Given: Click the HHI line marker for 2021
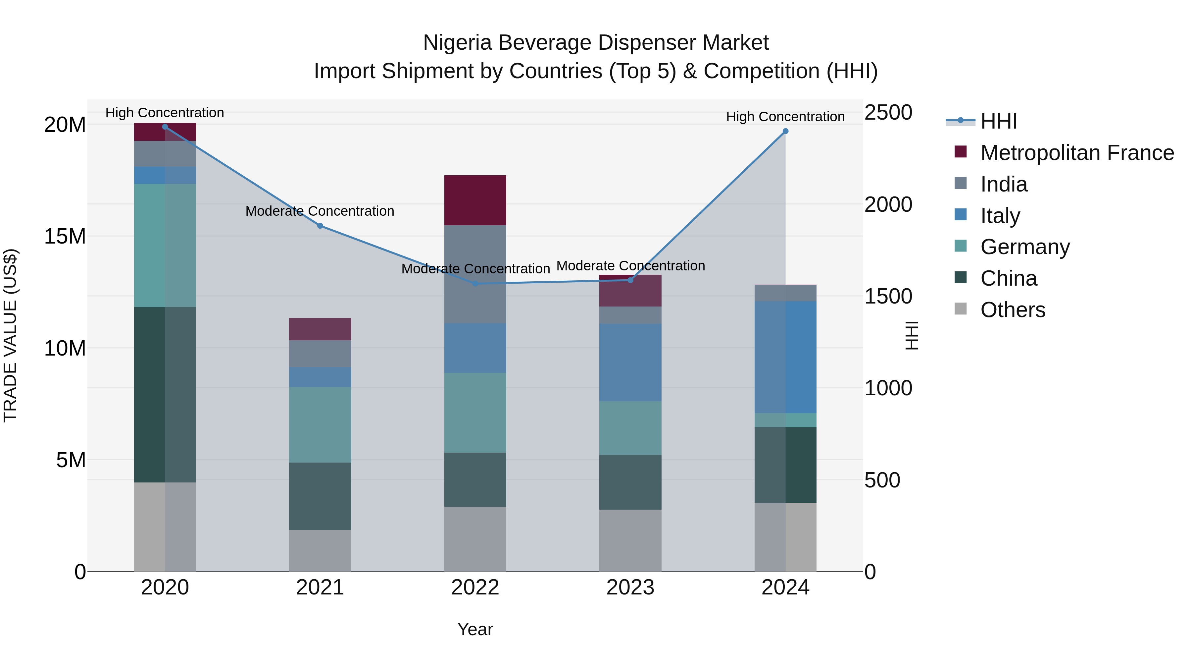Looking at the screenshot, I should pos(320,226).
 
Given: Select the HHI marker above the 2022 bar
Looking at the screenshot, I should pos(475,283).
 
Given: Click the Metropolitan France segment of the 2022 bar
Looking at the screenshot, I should pos(475,200).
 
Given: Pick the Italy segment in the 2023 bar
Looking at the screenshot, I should pos(630,362).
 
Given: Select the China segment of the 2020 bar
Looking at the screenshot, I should pos(165,395).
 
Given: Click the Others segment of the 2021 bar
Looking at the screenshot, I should pos(320,551).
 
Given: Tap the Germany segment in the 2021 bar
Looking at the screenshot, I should pos(320,425).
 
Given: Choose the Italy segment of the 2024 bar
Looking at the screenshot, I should pos(785,357).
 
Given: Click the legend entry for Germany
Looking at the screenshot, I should pos(1024,247).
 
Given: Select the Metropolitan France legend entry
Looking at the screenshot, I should pos(1076,153).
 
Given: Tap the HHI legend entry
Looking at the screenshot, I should pos(998,121).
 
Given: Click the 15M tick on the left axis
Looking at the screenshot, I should pos(65,237).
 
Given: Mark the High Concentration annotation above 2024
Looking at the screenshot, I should pos(785,117).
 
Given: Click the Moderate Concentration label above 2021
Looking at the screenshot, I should pos(320,211).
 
